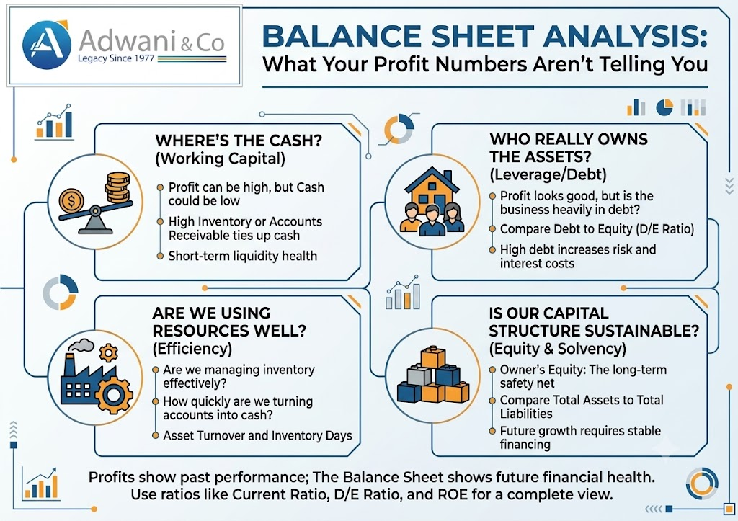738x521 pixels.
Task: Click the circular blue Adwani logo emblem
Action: coord(47,45)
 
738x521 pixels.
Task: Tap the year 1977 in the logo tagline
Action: coord(144,59)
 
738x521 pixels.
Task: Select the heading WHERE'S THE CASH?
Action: coord(238,141)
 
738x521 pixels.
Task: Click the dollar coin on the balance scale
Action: coord(71,200)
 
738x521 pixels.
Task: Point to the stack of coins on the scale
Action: coord(117,188)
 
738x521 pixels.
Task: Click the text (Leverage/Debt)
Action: coord(548,174)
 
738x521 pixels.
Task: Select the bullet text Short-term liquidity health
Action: coord(243,256)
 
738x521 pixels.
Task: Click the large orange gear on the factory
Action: coord(113,395)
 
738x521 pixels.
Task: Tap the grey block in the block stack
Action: coord(419,375)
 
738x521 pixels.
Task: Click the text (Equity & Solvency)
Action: coord(557,349)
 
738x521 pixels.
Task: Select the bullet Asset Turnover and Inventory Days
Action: coord(257,436)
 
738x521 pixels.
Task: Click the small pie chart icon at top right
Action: coord(664,107)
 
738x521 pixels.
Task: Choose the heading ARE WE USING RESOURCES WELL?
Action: coord(229,322)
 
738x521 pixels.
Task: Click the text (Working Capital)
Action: coord(220,159)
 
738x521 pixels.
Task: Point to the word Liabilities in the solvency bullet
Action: coord(526,414)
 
